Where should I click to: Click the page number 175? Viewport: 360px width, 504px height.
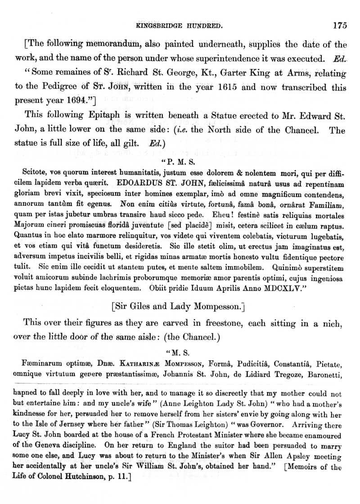[x=340, y=26]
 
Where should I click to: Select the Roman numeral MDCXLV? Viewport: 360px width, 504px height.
[x=276, y=291]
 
